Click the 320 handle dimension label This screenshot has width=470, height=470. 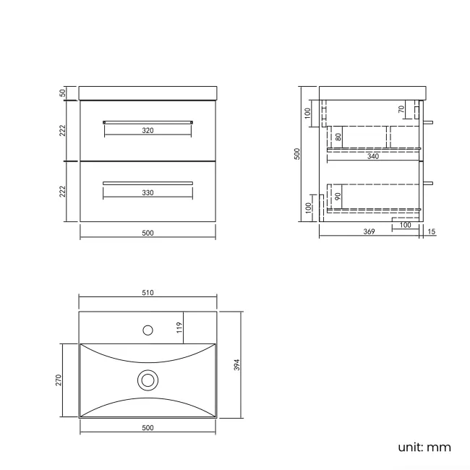coord(148,131)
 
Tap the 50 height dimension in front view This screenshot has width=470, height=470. coord(64,93)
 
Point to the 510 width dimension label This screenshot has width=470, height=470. coord(148,293)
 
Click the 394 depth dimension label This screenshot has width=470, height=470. coord(236,365)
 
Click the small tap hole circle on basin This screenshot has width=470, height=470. coord(148,330)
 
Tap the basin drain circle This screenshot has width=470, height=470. coord(148,379)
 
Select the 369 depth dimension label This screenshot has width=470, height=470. coord(369,232)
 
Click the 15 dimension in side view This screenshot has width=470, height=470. coord(432,232)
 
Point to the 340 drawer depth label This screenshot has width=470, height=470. coord(373,155)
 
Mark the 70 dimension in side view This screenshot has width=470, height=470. coord(401,110)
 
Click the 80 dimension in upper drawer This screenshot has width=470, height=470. coord(338,136)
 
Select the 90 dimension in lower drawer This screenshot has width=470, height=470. coord(338,196)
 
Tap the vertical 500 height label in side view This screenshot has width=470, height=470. coord(296,154)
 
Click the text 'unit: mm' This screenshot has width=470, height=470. coord(424,447)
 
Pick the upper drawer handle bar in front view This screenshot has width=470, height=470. coord(148,121)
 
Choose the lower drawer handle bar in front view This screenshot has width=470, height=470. coord(148,182)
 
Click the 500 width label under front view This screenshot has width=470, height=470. coord(148,233)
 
